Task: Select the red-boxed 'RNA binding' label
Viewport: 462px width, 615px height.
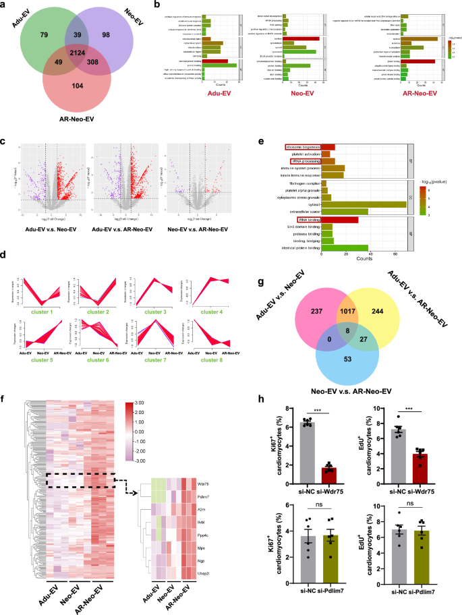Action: (308, 219)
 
